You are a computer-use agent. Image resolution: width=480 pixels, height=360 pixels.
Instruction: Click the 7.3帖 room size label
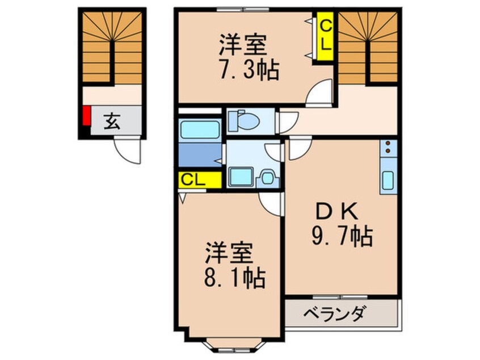249,70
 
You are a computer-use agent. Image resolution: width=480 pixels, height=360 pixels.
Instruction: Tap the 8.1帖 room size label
234,278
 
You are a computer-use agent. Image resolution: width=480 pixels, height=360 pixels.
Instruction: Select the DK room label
337,212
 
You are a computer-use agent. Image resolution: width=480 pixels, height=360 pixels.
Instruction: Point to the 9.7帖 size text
342,236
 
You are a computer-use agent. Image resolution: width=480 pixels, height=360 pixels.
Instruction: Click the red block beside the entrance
87,115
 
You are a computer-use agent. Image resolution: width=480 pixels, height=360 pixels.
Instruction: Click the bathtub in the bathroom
200,130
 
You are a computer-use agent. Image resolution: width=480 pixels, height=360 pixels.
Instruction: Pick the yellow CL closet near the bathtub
200,180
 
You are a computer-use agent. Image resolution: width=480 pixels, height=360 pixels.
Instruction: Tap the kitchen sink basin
388,181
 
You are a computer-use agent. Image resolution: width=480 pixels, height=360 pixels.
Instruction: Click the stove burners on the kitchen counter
388,146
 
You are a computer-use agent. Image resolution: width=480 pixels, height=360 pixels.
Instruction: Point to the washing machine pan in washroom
242,177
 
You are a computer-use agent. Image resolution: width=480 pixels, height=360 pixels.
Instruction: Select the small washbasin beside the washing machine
268,178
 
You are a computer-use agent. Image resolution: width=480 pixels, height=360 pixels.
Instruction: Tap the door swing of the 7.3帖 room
319,93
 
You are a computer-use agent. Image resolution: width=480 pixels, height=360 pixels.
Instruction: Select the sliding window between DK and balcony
340,297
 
